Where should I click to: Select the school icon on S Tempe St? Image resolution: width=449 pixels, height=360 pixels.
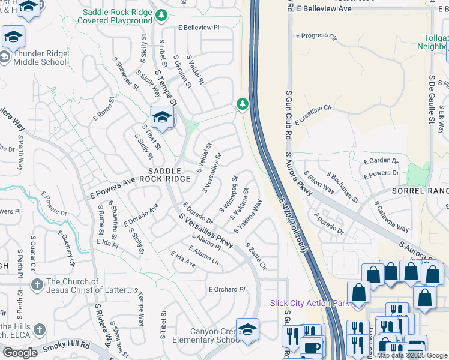click(162, 117)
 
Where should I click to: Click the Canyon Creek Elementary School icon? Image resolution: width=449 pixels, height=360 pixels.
click(247, 329)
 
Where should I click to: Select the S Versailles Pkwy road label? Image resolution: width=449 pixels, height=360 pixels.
click(205, 227)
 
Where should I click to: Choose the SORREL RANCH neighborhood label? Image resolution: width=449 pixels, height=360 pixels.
click(420, 190)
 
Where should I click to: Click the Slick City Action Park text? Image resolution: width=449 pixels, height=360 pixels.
click(309, 303)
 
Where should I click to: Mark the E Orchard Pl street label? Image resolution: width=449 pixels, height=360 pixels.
click(227, 289)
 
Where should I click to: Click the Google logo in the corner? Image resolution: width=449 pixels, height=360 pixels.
click(20, 353)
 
